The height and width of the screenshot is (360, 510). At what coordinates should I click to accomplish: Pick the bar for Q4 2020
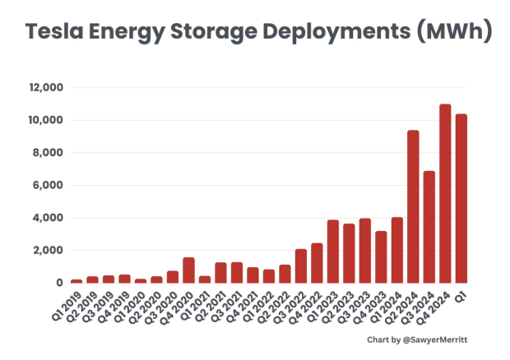(188, 270)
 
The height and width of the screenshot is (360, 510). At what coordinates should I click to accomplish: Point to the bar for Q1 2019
(76, 280)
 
